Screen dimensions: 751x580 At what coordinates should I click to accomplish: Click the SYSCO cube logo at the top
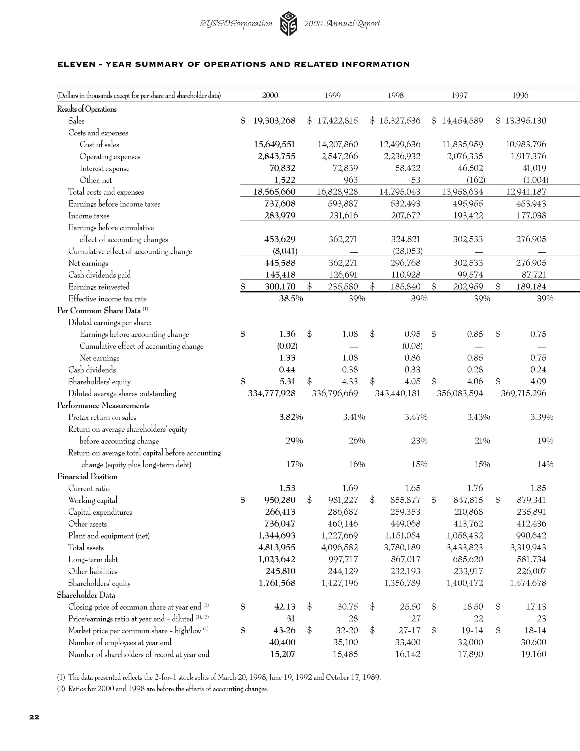288,24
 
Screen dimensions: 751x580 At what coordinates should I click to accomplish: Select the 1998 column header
395,95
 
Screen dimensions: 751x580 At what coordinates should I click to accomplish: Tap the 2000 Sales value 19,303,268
274,121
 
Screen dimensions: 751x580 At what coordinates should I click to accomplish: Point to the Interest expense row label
105,169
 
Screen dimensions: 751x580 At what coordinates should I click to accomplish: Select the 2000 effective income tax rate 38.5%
291,298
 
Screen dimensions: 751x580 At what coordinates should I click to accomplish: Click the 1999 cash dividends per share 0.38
350,370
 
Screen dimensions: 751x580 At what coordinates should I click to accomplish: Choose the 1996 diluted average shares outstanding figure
523,393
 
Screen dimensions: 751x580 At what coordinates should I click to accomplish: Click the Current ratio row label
89,488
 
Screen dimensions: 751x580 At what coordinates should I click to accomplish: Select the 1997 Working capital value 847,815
468,500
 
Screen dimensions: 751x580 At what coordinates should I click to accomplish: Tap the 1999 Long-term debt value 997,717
343,559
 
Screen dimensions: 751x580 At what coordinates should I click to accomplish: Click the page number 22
34,717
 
